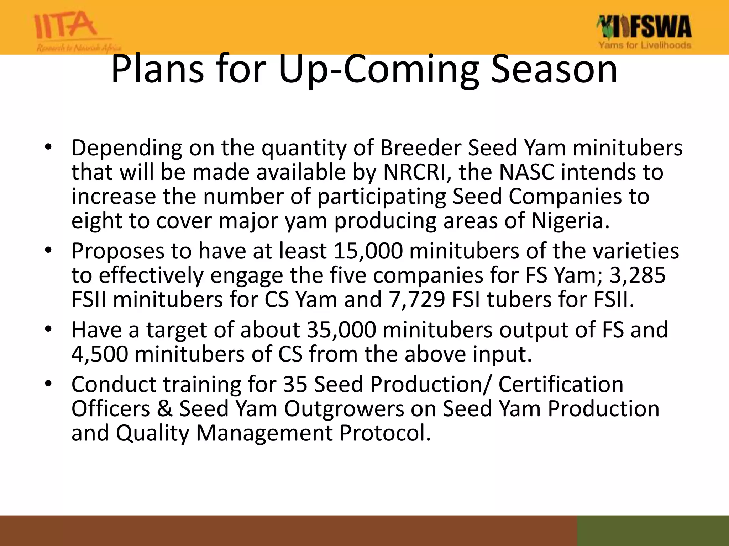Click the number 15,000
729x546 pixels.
[368, 251]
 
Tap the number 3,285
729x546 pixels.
[637, 275]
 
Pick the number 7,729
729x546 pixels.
[416, 299]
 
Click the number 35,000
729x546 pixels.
[341, 330]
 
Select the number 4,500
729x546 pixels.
[100, 354]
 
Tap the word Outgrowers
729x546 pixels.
[344, 409]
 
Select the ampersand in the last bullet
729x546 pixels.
[164, 409]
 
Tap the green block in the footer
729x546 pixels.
[652, 530]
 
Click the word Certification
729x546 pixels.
[560, 385]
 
